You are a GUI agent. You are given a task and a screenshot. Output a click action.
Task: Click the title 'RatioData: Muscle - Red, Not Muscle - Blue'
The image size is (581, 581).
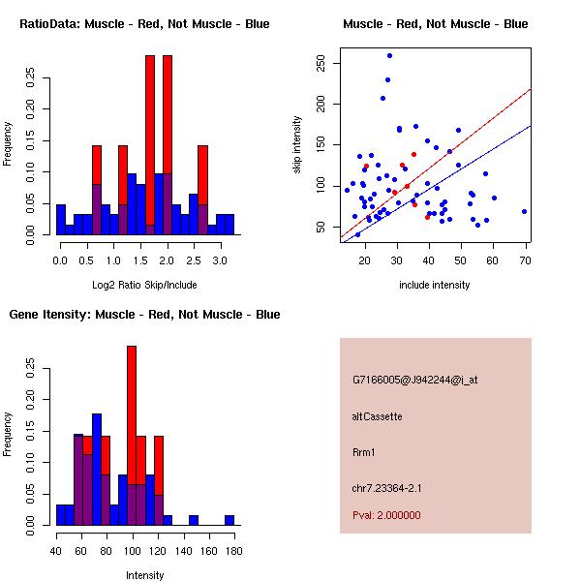(144, 23)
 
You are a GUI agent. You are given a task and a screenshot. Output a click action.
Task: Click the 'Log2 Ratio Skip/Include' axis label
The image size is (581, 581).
(144, 285)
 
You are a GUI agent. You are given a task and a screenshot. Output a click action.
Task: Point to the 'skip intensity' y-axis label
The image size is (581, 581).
(298, 145)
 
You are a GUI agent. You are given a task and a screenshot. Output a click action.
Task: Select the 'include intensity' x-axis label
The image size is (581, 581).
(435, 285)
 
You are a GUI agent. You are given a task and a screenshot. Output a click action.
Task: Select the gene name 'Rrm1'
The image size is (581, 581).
(363, 451)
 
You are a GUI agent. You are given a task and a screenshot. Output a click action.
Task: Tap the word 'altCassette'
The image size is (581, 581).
(377, 416)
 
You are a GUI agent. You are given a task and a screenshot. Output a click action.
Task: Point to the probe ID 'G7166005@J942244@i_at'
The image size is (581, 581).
(414, 380)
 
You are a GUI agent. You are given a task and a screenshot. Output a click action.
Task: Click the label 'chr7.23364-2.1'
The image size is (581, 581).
(387, 486)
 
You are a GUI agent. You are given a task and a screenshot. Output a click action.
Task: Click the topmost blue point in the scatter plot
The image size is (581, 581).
(389, 55)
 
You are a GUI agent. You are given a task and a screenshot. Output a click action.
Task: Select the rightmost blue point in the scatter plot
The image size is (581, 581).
(524, 211)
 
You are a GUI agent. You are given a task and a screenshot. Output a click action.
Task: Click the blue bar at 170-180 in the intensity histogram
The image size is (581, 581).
(229, 520)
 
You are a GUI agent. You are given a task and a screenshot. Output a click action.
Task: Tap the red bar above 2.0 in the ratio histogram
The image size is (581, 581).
(168, 116)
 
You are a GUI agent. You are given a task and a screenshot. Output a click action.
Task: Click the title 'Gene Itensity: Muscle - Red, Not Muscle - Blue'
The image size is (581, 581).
(144, 314)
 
